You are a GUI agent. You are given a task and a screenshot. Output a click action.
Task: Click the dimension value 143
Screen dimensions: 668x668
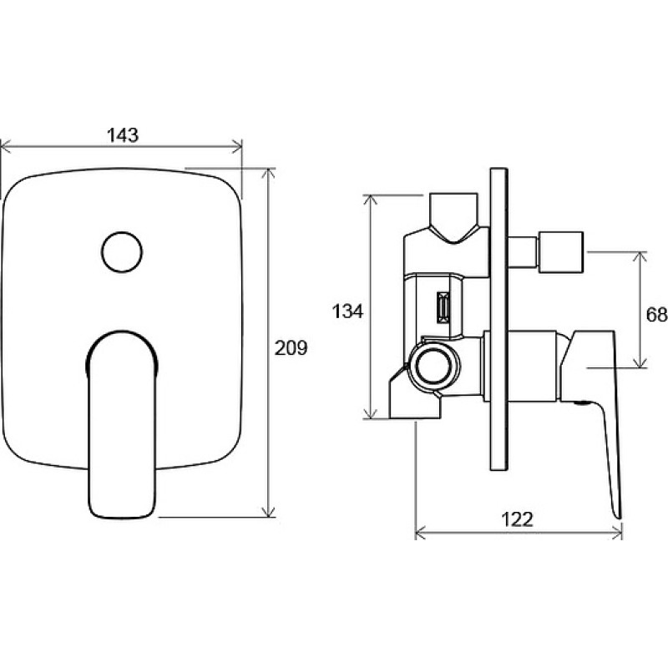click(123, 135)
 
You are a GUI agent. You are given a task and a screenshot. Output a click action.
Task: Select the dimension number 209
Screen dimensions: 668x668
click(291, 348)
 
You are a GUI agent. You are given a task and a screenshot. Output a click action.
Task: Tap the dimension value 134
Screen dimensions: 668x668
click(347, 311)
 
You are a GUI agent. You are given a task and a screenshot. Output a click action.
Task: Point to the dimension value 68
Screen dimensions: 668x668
click(656, 315)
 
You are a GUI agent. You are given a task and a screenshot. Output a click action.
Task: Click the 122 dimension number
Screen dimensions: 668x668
click(517, 519)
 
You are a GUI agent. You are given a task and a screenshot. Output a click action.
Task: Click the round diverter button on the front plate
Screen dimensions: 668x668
click(122, 252)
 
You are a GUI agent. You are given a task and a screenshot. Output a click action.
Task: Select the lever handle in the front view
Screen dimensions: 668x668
click(122, 425)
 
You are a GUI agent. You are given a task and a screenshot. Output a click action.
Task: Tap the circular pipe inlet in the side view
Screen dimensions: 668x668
click(433, 367)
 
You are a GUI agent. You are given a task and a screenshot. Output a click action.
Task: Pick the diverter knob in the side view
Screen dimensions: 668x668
click(560, 252)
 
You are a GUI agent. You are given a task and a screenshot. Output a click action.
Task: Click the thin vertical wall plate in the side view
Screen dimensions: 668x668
click(499, 320)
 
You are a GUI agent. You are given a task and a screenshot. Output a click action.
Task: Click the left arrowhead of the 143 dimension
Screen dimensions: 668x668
click(5, 148)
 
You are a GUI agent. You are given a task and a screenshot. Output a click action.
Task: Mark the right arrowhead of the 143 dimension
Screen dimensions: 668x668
click(237, 148)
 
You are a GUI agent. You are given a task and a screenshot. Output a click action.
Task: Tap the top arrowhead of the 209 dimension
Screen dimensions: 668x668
click(268, 174)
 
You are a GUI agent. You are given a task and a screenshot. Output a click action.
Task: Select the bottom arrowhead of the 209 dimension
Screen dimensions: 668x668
click(268, 512)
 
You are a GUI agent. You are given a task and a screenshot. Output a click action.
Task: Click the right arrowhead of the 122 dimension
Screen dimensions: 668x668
click(617, 533)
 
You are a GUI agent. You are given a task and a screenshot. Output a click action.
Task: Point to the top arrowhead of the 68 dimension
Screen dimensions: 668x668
click(639, 257)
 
